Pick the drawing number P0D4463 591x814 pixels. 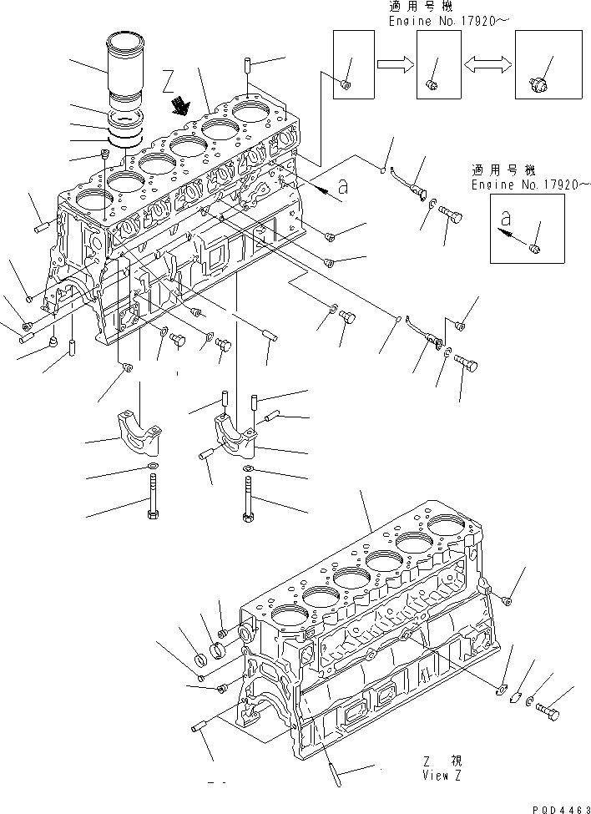point(560,807)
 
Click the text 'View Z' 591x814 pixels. point(442,776)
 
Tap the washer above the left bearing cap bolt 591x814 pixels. point(154,466)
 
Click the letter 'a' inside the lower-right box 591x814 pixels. point(503,219)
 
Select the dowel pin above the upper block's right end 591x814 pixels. point(249,65)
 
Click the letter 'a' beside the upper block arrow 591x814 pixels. point(344,187)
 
